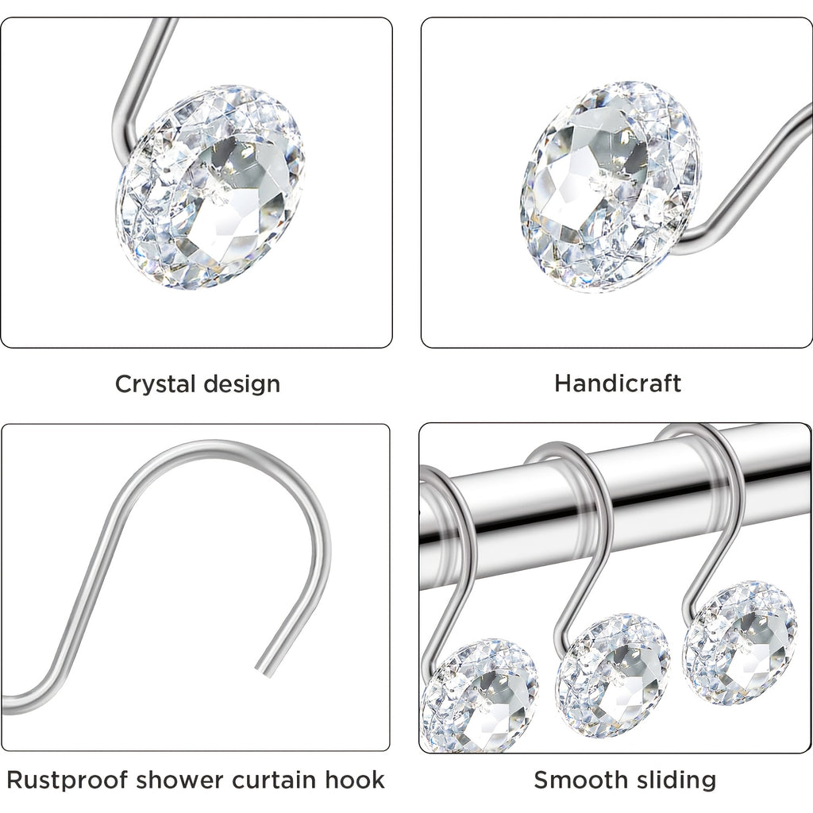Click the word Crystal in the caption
(156, 385)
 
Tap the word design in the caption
(242, 384)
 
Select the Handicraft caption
(618, 383)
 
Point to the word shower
(178, 780)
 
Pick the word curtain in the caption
(274, 780)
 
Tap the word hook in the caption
(355, 780)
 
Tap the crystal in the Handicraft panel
(611, 186)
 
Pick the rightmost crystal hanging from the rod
(740, 643)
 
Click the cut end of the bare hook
(262, 669)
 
